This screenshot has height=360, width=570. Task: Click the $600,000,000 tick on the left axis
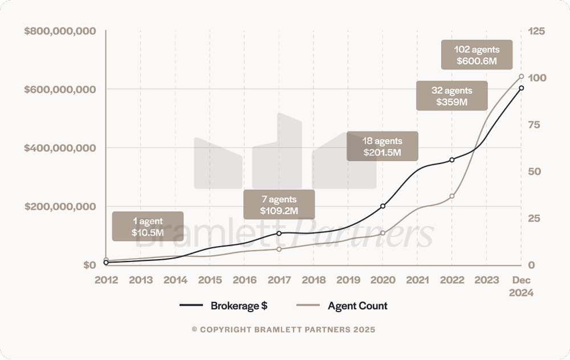click(x=60, y=89)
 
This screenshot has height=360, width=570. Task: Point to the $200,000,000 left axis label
click(x=60, y=206)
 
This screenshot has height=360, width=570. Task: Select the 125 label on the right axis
click(x=538, y=31)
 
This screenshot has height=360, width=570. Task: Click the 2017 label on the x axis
click(x=279, y=280)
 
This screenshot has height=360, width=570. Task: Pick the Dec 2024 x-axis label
click(x=522, y=286)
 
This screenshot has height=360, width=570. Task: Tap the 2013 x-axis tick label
click(x=141, y=280)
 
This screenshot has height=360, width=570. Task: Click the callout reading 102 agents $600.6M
click(x=477, y=55)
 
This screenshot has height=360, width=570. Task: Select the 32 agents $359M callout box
click(x=452, y=96)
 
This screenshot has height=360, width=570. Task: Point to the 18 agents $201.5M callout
click(x=382, y=146)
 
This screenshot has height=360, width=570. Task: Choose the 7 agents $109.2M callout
click(x=279, y=204)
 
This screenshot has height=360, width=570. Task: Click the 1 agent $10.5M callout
click(x=148, y=226)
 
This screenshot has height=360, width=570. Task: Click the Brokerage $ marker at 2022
click(x=452, y=160)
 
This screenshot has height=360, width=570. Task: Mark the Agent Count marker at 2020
click(x=382, y=233)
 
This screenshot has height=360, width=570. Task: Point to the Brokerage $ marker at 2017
click(x=279, y=233)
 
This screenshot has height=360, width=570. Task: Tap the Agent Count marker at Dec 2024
click(x=522, y=76)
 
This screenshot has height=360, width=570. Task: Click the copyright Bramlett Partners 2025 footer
click(x=284, y=330)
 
